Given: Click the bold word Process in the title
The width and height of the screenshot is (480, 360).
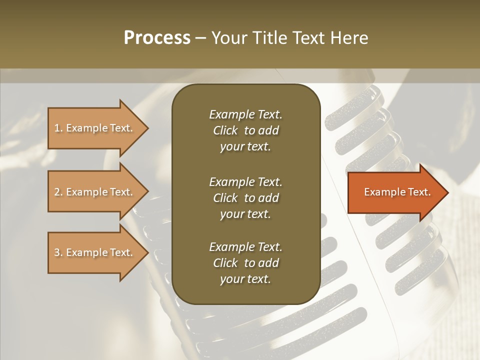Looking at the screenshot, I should [157, 37].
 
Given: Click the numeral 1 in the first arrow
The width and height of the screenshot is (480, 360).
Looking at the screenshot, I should [57, 128].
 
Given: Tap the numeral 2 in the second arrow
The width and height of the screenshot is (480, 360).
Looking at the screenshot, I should [57, 192].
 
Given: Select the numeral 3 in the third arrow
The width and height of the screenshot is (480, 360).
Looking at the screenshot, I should [57, 252].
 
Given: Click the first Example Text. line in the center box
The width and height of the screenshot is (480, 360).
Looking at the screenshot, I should [245, 114].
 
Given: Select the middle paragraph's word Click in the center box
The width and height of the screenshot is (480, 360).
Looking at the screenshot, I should [225, 198].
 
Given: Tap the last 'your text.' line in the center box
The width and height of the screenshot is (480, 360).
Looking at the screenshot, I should [245, 279].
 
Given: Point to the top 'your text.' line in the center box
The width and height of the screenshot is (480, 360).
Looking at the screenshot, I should [245, 147].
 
